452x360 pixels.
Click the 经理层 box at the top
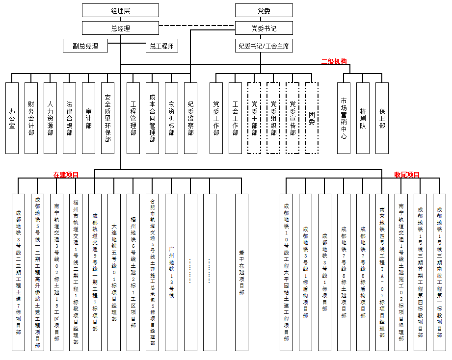tap(120, 10)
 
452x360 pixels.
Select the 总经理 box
tap(120, 28)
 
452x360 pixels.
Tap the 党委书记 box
tap(264, 28)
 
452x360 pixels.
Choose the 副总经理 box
tap(85, 46)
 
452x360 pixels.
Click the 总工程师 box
tap(162, 46)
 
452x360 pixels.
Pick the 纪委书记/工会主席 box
tap(264, 46)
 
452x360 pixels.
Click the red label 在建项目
tap(66, 174)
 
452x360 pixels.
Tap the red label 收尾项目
tap(407, 174)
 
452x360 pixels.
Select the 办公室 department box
tap(12, 118)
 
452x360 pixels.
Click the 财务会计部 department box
tap(31, 118)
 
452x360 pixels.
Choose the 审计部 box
tap(88, 118)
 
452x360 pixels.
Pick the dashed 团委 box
tap(312, 118)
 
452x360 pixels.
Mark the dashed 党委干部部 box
tap(254, 118)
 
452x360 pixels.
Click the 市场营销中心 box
tap(344, 118)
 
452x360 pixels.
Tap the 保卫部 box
tap(382, 118)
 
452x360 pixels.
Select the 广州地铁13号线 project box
tap(171, 272)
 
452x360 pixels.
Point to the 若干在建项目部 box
tap(241, 272)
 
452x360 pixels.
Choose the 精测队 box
tap(363, 118)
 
